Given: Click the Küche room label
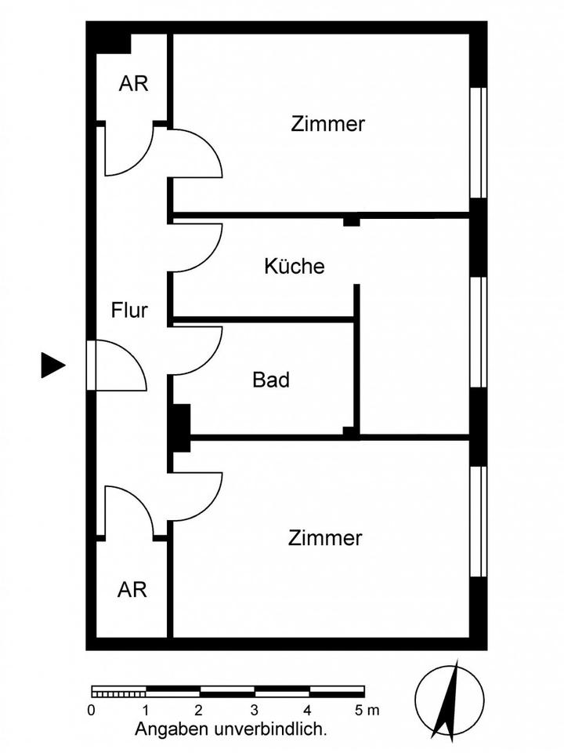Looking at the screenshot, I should [x=294, y=266].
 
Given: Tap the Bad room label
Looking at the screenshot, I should [x=271, y=380].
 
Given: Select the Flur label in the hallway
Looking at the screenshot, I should [x=129, y=311].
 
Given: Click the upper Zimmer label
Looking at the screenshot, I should [x=327, y=124].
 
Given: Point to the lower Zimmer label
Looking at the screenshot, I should [x=325, y=539].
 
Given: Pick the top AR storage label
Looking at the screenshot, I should [x=133, y=84].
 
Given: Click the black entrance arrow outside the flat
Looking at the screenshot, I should [x=52, y=365].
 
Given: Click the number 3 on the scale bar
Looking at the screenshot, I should [x=255, y=711].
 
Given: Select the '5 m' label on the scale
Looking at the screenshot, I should [x=365, y=711].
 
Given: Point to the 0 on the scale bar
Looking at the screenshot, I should [x=92, y=711].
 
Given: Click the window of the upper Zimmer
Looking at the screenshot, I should [x=478, y=141].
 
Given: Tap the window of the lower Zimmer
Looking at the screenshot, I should [x=478, y=521].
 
